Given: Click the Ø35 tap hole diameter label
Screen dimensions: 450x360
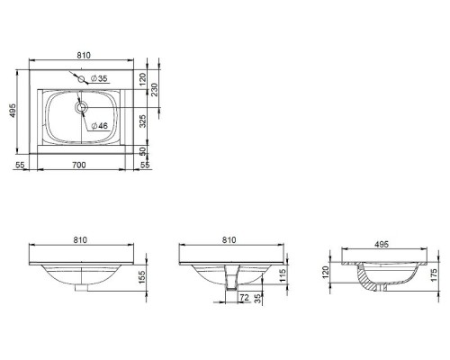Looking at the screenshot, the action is pyautogui.click(x=99, y=78).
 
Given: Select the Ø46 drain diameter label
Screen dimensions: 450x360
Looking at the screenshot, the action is pyautogui.click(x=99, y=126).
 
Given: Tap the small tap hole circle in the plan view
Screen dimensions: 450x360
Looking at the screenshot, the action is pyautogui.click(x=81, y=79).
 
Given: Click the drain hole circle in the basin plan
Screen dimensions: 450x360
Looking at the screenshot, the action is pyautogui.click(x=81, y=107).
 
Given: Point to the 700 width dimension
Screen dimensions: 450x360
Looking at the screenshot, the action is pyautogui.click(x=79, y=165).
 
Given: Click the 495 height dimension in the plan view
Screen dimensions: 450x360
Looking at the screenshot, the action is pyautogui.click(x=13, y=111).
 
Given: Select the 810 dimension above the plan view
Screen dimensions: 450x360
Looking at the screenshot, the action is pyautogui.click(x=84, y=55).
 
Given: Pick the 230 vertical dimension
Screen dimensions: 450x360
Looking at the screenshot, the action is pyautogui.click(x=154, y=90).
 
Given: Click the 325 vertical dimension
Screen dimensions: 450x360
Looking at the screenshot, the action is pyautogui.click(x=143, y=121).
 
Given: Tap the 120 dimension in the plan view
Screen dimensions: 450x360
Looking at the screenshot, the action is pyautogui.click(x=142, y=79).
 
